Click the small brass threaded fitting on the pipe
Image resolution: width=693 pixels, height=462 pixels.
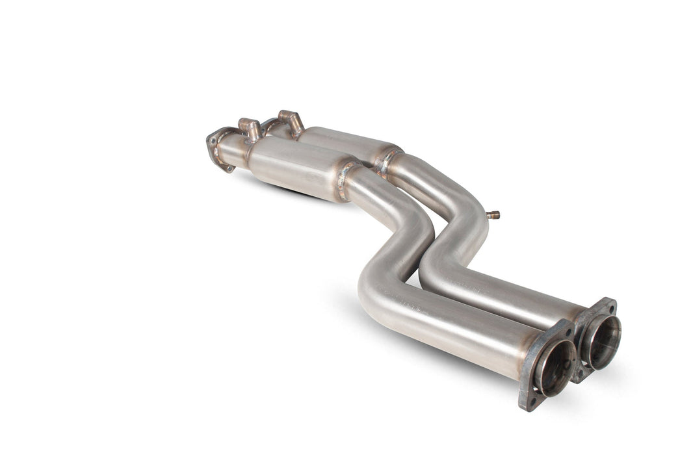pos(493,214)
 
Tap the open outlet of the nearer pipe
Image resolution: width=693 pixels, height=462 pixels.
pos(554,368)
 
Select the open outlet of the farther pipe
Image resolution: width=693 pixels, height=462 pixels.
pos(601,342)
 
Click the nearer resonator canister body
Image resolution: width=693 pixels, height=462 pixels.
pos(296,169)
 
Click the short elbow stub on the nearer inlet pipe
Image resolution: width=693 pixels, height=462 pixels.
pos(250,128)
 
